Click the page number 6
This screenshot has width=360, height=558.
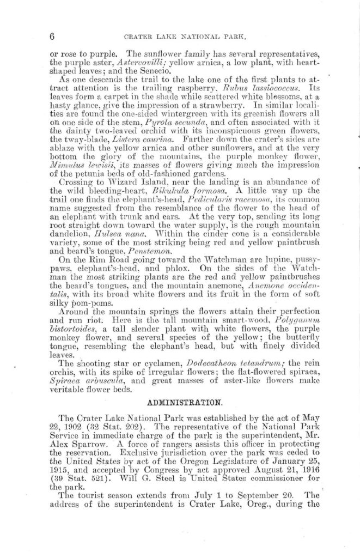tap(53, 37)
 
